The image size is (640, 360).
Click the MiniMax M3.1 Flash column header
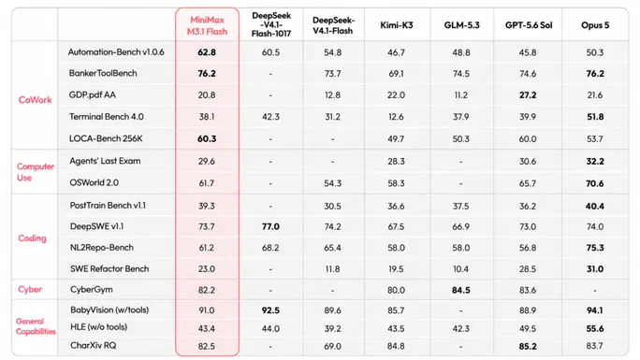tap(207, 25)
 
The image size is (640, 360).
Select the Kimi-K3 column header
tap(397, 25)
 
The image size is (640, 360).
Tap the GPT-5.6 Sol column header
tap(529, 25)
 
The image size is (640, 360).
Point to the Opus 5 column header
tap(595, 25)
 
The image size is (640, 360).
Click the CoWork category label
tap(36, 100)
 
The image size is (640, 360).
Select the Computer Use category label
tap(36, 172)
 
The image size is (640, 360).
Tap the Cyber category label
tap(30, 290)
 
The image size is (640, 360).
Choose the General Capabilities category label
tap(36, 326)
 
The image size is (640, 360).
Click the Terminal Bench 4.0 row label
tap(106, 117)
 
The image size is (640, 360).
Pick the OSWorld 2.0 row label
tap(94, 182)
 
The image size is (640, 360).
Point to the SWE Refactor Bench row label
tap(109, 268)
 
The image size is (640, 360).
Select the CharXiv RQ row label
tap(93, 346)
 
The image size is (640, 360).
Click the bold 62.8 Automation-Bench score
tap(207, 52)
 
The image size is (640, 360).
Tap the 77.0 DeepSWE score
tap(270, 226)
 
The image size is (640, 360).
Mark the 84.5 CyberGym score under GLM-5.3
tap(460, 290)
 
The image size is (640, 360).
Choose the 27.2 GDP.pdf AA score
tap(528, 95)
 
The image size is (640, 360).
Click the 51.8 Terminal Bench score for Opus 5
tap(595, 117)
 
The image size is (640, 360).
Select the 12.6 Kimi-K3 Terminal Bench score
tap(397, 117)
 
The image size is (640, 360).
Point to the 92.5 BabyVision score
tap(270, 310)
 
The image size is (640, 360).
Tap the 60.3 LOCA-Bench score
tap(207, 139)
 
